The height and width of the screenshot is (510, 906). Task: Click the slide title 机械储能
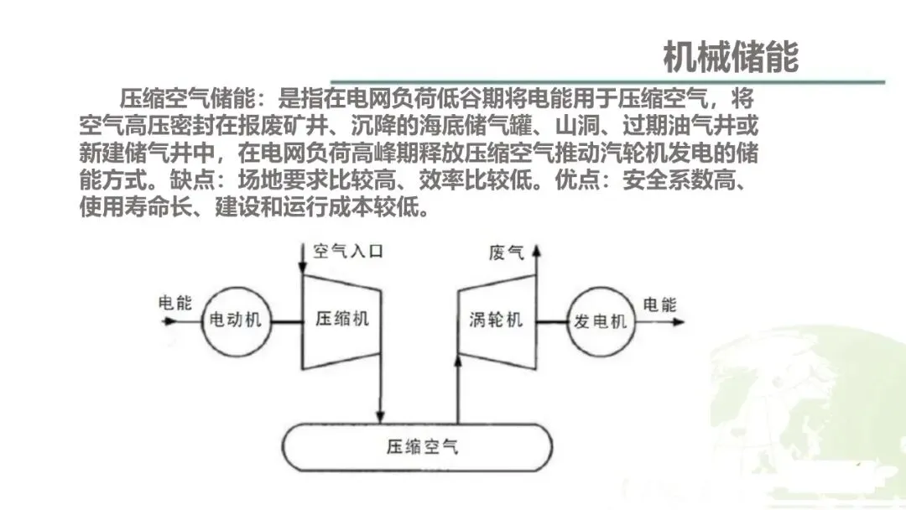click(730, 56)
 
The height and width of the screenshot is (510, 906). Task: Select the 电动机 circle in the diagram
click(236, 321)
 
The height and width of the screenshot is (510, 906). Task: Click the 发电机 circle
click(600, 321)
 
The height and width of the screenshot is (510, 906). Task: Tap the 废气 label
click(506, 252)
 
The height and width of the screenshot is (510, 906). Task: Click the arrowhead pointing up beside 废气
click(537, 249)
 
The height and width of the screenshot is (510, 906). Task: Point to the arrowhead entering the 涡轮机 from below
click(458, 361)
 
